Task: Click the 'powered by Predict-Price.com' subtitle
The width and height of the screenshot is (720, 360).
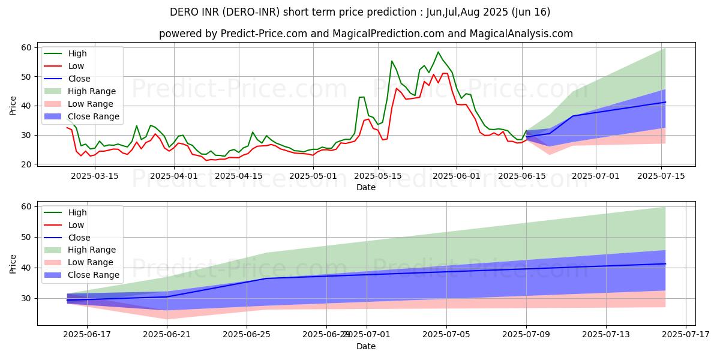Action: [x=366, y=34]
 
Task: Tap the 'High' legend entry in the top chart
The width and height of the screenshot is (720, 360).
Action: [x=77, y=53]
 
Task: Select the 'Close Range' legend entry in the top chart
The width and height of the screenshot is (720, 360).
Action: [x=93, y=116]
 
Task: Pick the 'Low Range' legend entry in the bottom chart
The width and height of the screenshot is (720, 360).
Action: [x=91, y=262]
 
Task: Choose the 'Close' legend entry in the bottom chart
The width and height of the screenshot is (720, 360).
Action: [x=79, y=237]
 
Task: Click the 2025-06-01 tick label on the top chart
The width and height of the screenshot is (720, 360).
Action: [x=457, y=176]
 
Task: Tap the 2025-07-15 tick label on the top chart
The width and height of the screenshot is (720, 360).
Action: [x=661, y=176]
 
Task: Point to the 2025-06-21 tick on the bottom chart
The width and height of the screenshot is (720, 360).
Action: [x=167, y=334]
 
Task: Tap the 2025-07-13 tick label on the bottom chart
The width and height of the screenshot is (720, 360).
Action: [x=606, y=334]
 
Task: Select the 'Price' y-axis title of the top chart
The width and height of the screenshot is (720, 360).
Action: [x=13, y=106]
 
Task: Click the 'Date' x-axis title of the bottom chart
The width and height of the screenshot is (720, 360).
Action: [x=366, y=346]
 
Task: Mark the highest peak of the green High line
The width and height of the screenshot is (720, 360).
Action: [x=438, y=52]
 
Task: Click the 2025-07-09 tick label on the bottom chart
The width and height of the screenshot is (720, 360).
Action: [x=526, y=334]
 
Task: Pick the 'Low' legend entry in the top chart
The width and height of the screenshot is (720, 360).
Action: [x=76, y=66]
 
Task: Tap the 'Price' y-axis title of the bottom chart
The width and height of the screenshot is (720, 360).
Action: [x=13, y=264]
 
